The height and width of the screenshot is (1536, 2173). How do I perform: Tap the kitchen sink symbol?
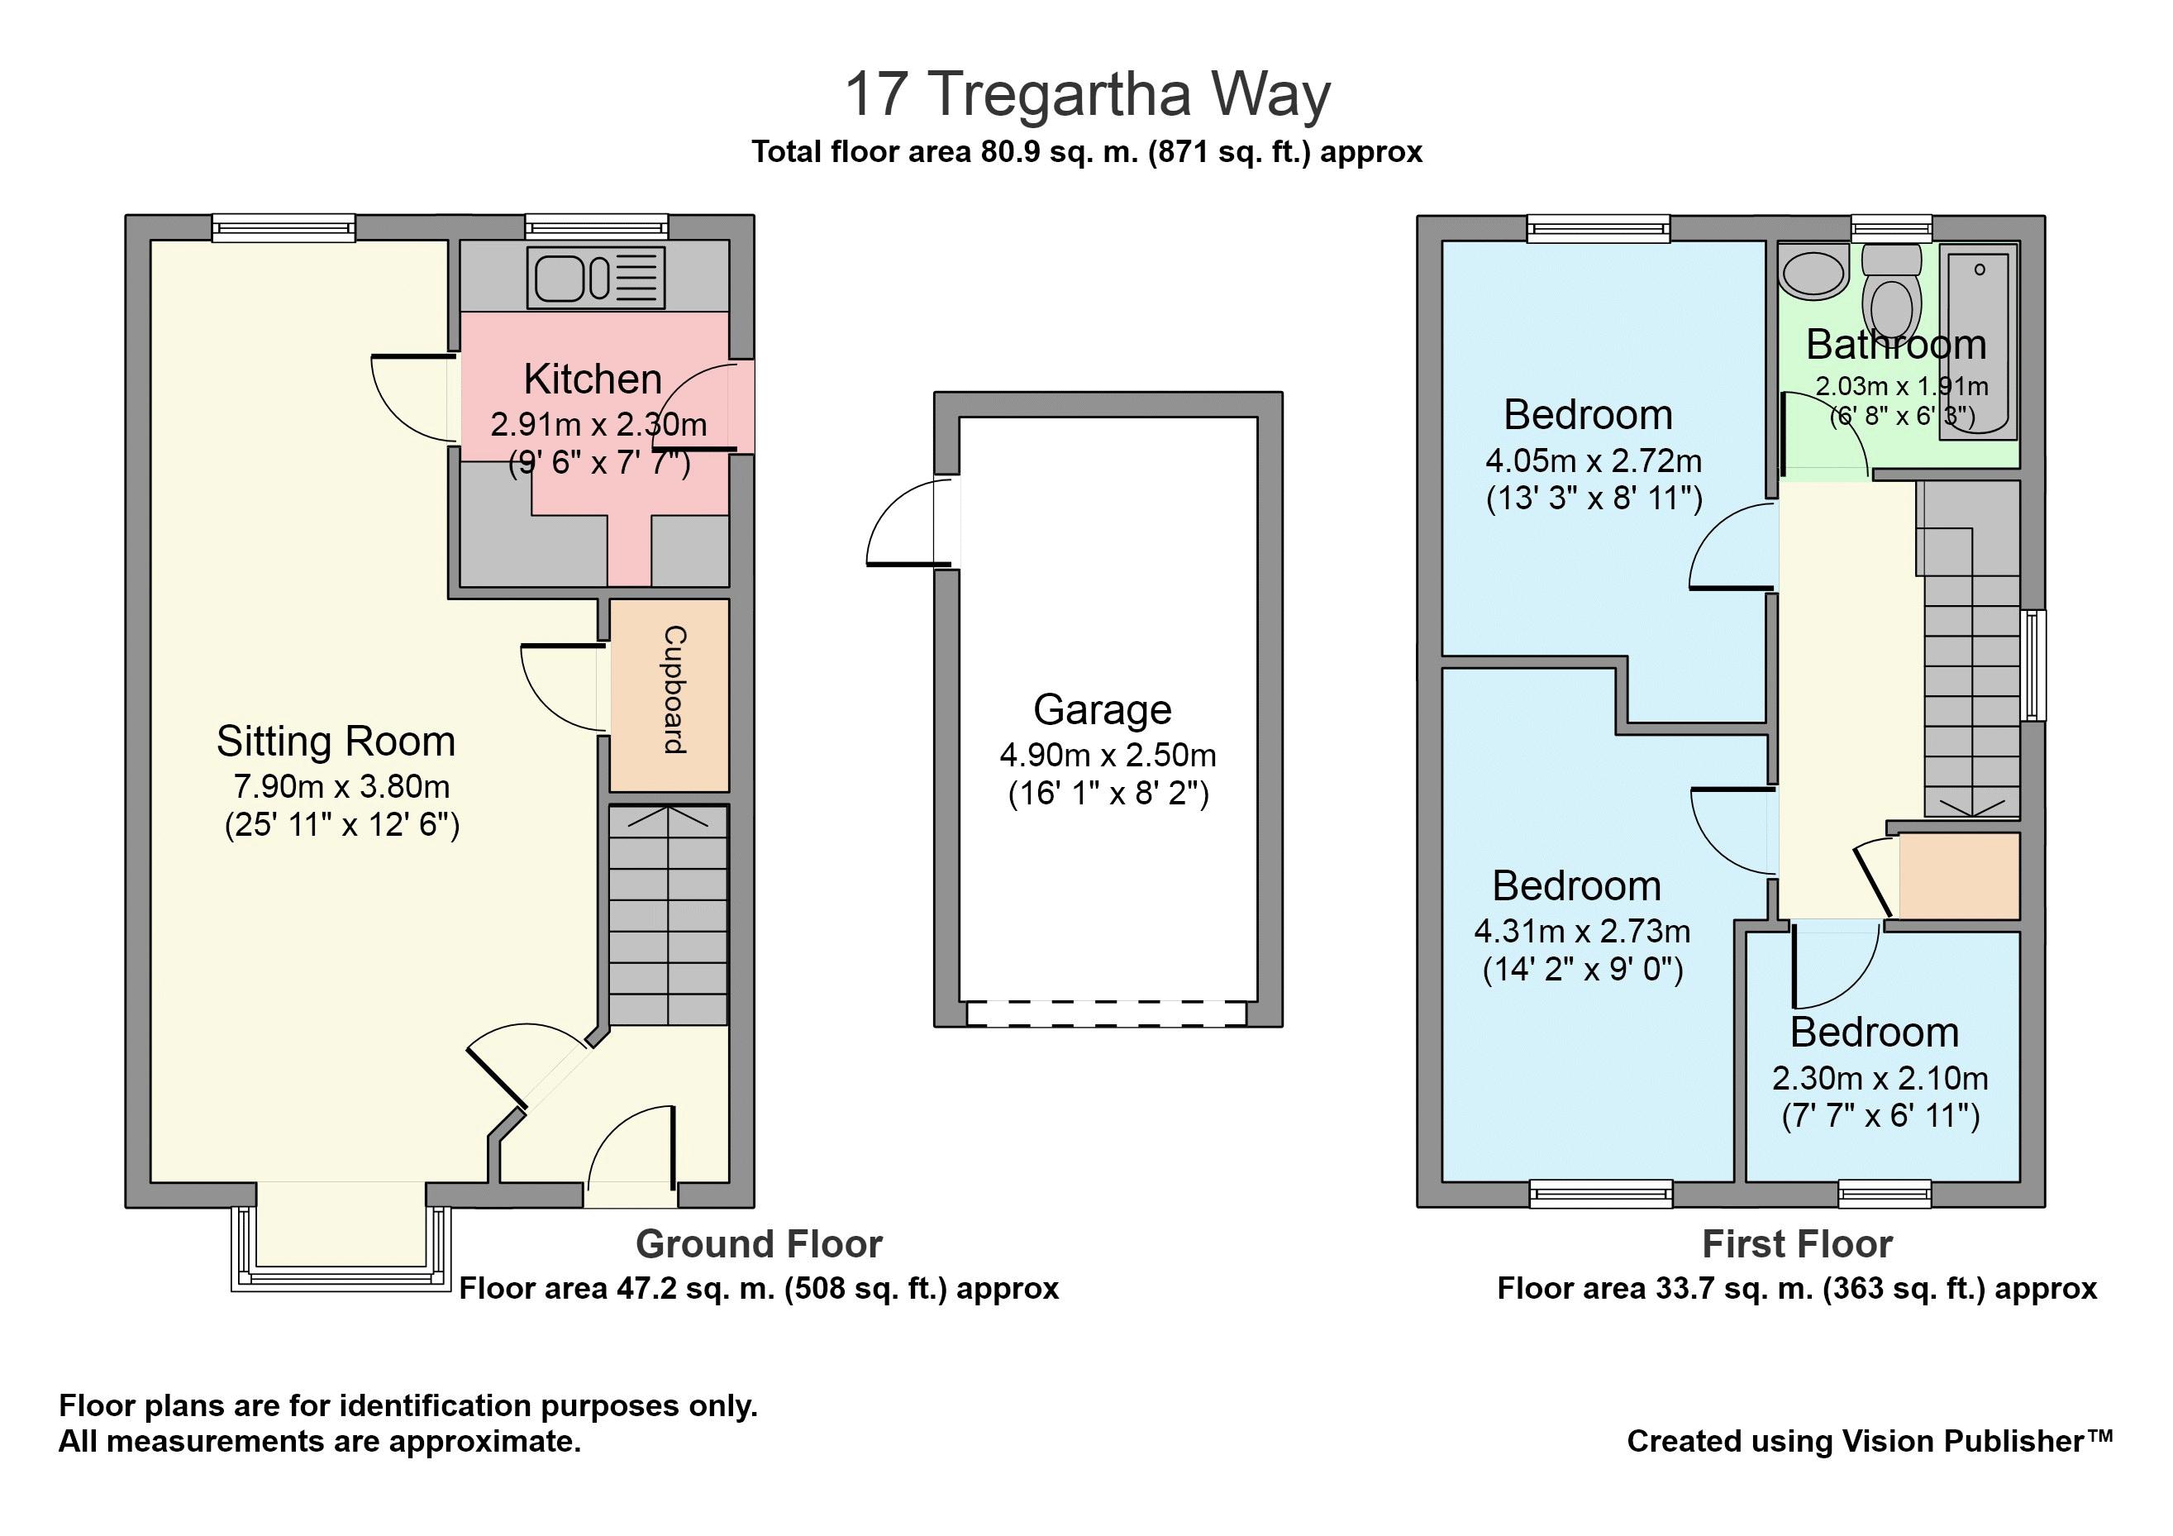[596, 277]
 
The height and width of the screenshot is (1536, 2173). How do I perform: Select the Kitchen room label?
[593, 379]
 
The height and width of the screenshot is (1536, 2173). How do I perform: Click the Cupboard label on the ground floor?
[673, 690]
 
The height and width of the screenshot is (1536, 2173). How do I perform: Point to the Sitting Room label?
[336, 741]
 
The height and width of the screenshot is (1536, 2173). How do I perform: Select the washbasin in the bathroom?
[1814, 272]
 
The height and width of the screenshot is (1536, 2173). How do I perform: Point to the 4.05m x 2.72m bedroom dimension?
[1594, 461]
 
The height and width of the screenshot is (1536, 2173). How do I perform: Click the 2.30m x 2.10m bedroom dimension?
[1880, 1078]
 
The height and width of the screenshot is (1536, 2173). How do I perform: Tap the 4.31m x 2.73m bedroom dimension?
[1581, 931]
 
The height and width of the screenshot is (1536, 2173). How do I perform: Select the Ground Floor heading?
[759, 1243]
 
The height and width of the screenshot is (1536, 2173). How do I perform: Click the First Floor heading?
[1796, 1243]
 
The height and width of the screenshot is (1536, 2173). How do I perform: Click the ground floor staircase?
[668, 915]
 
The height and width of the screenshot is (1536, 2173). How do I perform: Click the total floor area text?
[1086, 151]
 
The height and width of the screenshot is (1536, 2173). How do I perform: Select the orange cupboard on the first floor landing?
[1958, 875]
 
